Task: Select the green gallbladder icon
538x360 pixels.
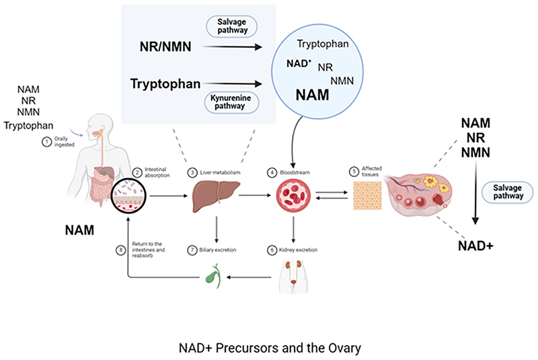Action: [213, 276]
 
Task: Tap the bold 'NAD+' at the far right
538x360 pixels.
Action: [476, 246]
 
